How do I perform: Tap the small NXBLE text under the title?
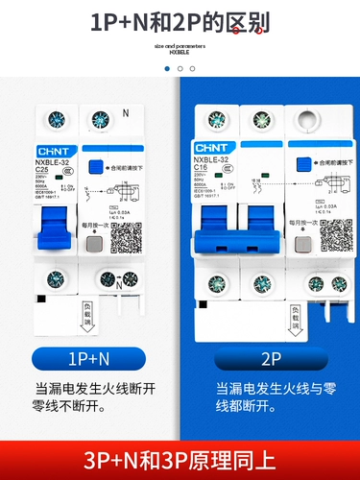click(180, 52)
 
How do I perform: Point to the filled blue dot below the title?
click(167, 69)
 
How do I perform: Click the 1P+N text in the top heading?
click(122, 20)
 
